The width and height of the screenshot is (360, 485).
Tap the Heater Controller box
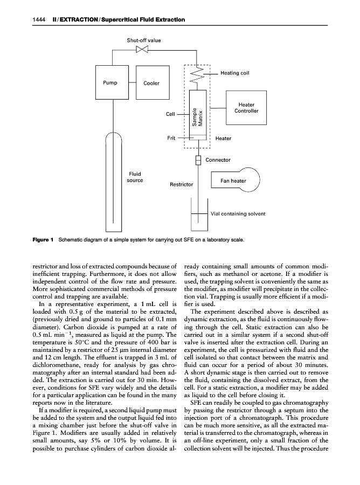tap(246, 108)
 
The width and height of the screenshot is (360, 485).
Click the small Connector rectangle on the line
tap(198, 160)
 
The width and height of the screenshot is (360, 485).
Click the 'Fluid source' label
tap(135, 177)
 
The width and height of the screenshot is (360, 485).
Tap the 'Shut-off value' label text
tap(143, 40)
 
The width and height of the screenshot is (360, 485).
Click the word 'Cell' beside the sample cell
tap(170, 114)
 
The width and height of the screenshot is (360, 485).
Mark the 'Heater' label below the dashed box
tap(223, 138)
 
